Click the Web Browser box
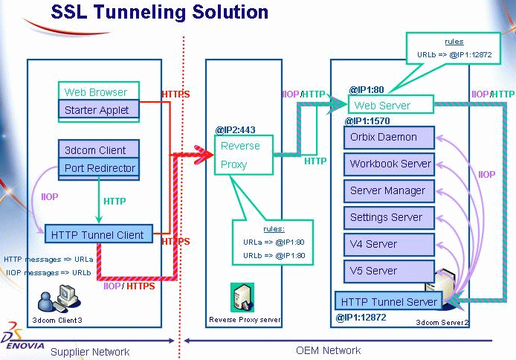[x=97, y=92]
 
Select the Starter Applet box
[x=97, y=110]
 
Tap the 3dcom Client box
[x=97, y=150]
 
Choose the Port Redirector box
[x=99, y=167]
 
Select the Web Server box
[x=382, y=106]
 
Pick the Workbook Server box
[x=390, y=164]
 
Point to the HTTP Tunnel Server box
[x=389, y=301]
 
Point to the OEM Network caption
[x=328, y=350]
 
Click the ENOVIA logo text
[x=25, y=347]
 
